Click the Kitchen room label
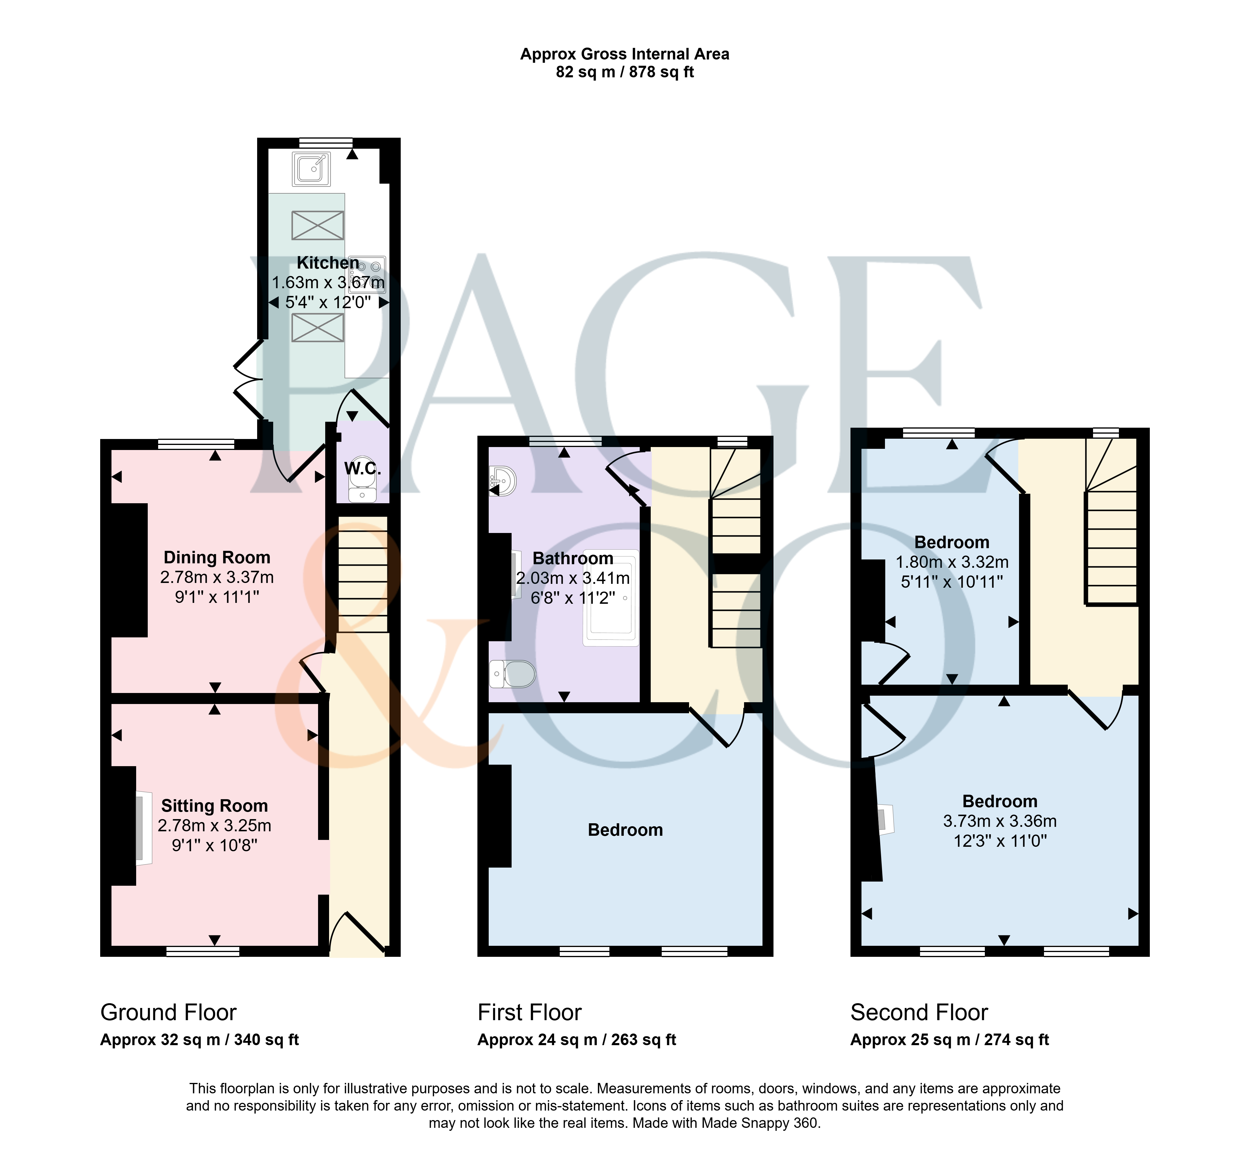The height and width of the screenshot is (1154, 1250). click(328, 263)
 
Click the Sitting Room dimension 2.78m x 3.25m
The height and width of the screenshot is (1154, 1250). click(215, 826)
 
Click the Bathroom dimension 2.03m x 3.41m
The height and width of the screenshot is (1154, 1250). click(573, 578)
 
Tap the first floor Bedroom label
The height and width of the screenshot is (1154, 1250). click(625, 830)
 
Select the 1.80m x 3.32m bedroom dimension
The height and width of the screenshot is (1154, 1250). click(952, 562)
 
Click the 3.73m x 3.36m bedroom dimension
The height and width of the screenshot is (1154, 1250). click(1000, 821)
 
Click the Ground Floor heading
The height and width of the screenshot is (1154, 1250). click(169, 1012)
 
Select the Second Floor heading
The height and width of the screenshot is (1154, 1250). click(919, 1012)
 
